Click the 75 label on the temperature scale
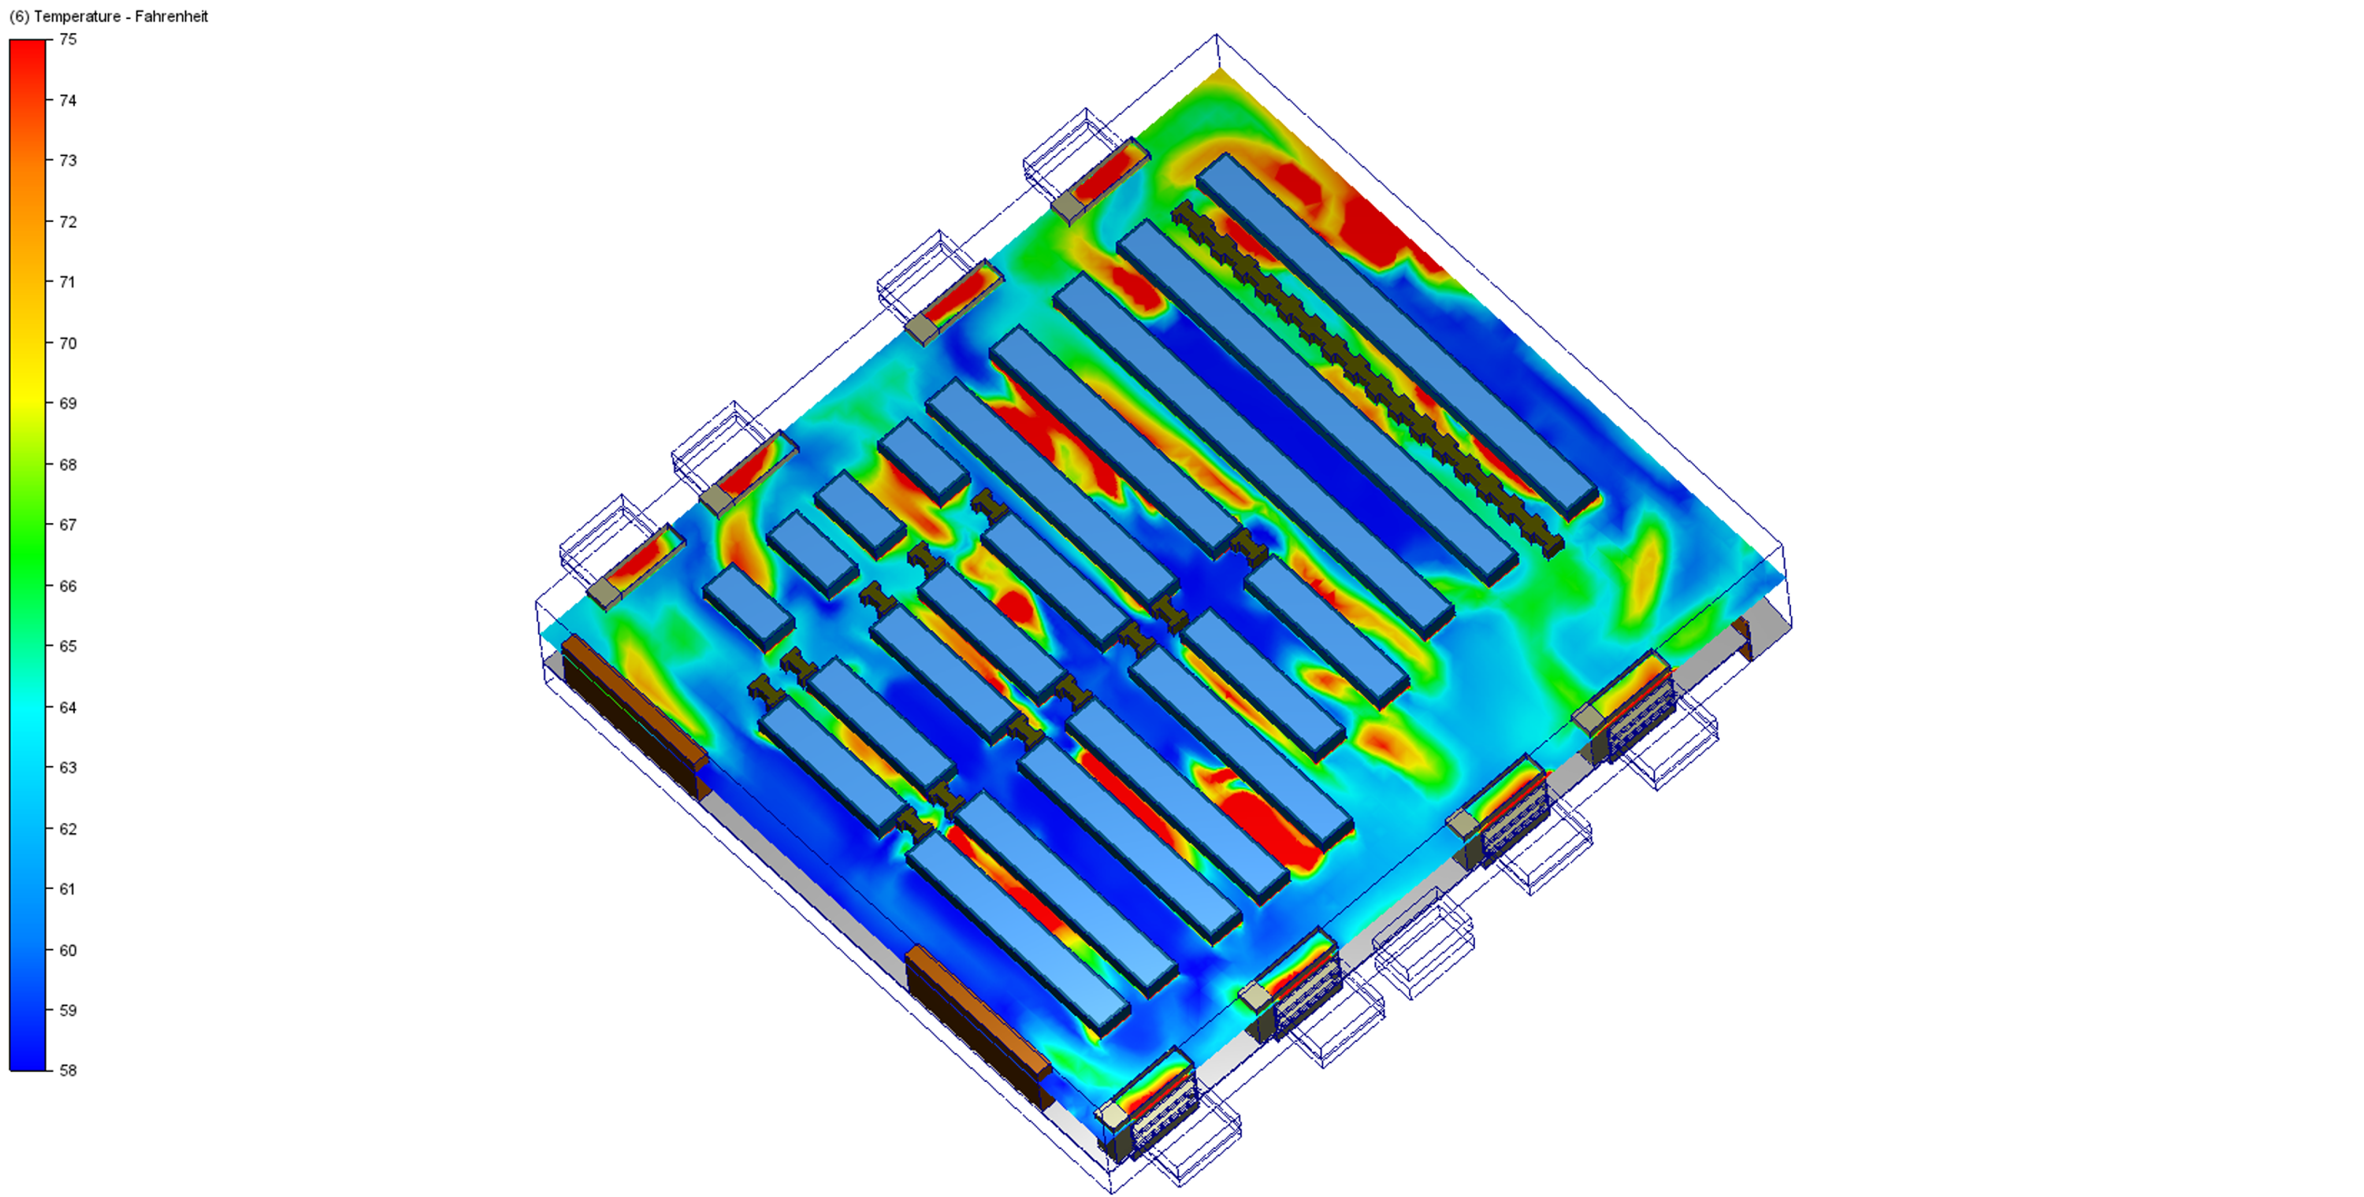pyautogui.click(x=68, y=39)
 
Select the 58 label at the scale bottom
pyautogui.click(x=68, y=1070)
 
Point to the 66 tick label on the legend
pyautogui.click(x=68, y=586)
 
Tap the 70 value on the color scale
pyautogui.click(x=68, y=343)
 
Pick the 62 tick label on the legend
pyautogui.click(x=68, y=829)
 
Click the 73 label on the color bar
pyautogui.click(x=68, y=161)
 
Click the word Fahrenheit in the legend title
pyautogui.click(x=172, y=17)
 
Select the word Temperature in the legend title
pyautogui.click(x=77, y=17)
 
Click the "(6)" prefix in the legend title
pyautogui.click(x=18, y=17)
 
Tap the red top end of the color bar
pyautogui.click(x=28, y=43)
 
